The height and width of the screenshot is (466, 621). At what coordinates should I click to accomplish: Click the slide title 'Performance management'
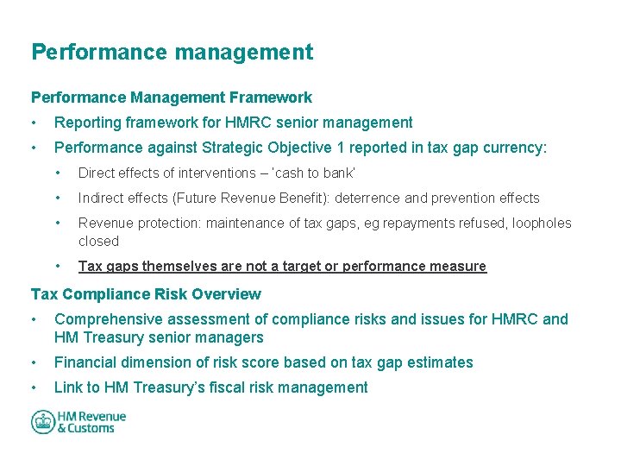172,52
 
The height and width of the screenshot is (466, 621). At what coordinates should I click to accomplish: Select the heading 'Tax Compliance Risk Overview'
146,294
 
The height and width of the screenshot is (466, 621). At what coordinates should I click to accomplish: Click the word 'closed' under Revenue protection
98,242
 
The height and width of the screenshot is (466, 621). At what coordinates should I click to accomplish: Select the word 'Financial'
87,362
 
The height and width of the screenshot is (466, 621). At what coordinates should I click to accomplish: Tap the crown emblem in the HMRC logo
43,422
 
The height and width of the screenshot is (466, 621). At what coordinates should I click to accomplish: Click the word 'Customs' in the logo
91,428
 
